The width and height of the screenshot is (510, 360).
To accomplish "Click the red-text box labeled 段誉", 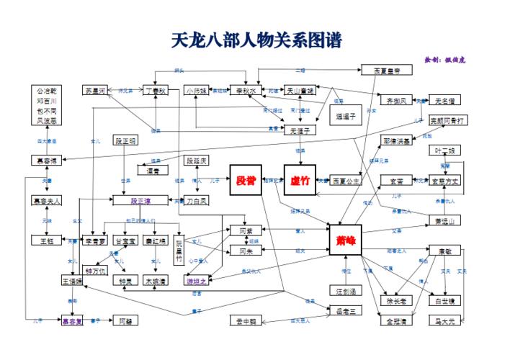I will [246, 180].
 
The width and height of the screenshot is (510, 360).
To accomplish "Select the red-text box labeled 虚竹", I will [300, 180].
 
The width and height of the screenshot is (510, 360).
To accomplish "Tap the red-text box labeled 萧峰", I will [346, 240].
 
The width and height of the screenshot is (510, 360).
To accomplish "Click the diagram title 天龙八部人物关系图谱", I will [256, 40].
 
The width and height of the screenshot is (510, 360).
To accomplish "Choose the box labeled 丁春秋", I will [155, 91].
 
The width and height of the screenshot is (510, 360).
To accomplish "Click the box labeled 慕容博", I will [47, 160].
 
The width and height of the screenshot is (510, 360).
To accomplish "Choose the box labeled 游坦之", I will [197, 281].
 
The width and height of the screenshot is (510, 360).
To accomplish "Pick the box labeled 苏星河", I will [94, 91].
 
